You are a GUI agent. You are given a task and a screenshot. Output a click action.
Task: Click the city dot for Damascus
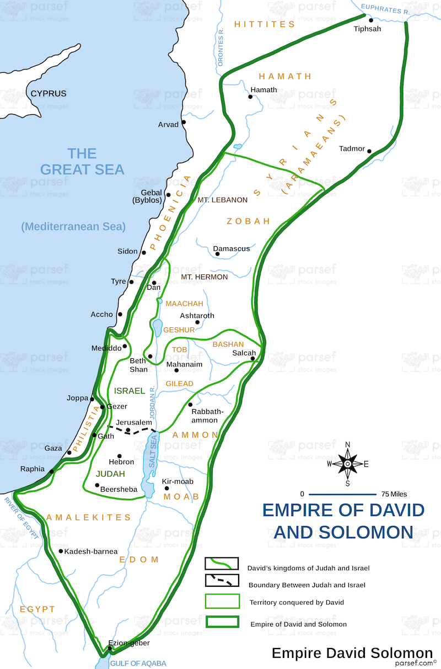(217, 254)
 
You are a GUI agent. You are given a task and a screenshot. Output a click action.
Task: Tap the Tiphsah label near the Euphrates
(367, 29)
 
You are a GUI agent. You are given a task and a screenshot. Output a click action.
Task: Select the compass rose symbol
(347, 464)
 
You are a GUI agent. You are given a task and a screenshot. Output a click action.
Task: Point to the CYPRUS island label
(49, 94)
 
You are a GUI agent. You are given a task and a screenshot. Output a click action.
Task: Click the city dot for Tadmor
(370, 152)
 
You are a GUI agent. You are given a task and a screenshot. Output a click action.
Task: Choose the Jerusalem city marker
(128, 430)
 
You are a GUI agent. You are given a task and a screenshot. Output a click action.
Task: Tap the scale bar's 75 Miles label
(394, 494)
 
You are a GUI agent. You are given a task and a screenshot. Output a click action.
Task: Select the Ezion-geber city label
(129, 643)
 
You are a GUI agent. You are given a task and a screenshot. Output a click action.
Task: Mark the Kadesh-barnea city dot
(61, 551)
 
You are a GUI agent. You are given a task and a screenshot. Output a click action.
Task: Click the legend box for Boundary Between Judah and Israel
(222, 580)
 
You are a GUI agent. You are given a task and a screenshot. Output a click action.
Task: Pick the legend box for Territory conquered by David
(222, 601)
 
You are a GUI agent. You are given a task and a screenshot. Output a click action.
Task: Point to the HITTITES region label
(265, 24)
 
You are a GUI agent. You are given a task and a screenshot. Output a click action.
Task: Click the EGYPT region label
(37, 609)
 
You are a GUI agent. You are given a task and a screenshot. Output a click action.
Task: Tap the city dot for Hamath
(250, 97)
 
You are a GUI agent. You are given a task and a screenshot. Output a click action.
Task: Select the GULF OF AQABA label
(138, 663)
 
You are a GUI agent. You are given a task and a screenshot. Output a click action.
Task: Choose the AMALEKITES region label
(89, 517)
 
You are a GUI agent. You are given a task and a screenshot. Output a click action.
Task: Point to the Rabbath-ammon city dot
(190, 405)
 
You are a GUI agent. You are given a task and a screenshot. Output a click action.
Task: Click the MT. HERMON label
(205, 277)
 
